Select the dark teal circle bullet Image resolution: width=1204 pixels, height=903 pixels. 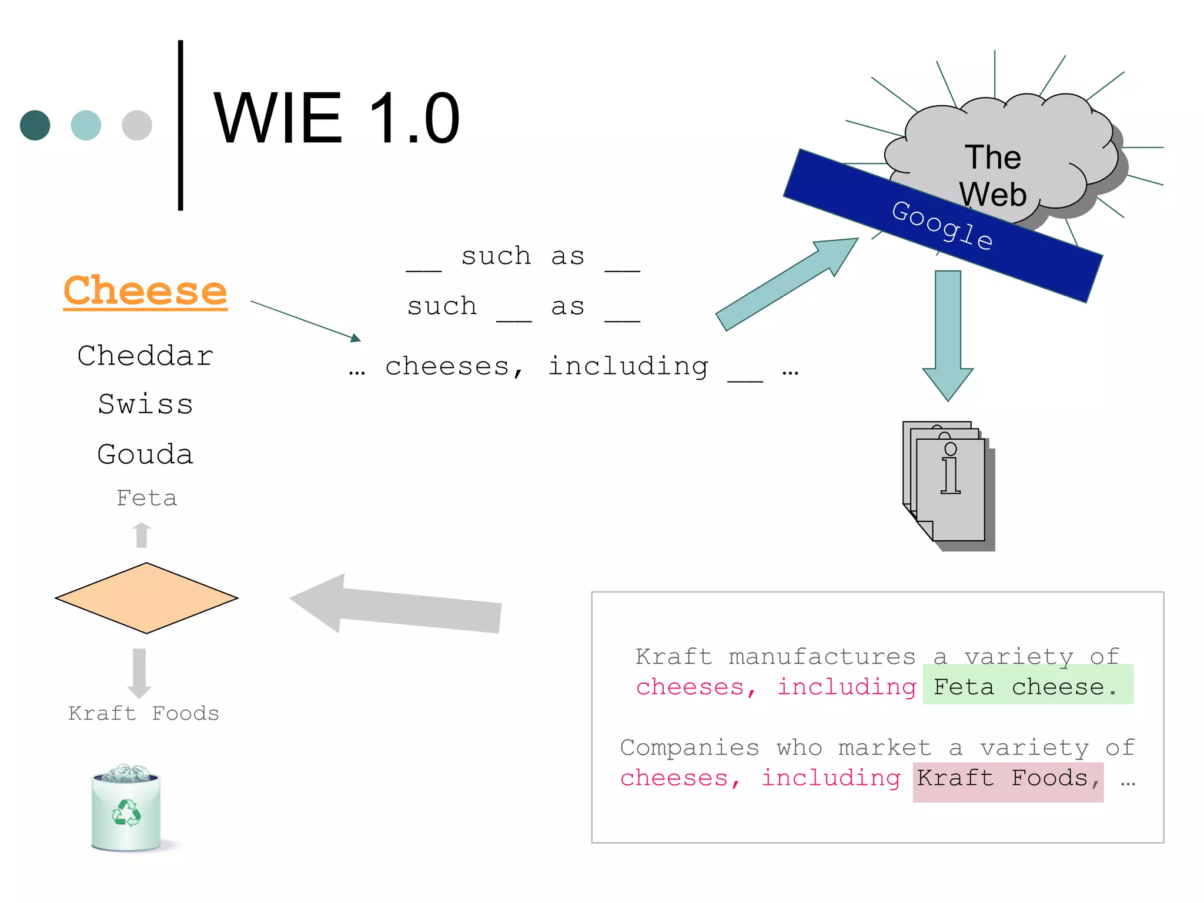point(35,125)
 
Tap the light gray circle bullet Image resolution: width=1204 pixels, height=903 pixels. point(137,125)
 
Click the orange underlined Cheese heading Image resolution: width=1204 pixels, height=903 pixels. point(145,290)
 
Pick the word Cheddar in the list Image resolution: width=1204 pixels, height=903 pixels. point(145,356)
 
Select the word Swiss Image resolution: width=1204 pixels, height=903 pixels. point(145,404)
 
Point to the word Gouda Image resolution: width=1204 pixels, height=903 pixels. point(145,454)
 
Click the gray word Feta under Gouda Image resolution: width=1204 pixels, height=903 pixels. point(146,498)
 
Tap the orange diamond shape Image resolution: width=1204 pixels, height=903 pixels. point(146,598)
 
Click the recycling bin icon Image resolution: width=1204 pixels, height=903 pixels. point(126,808)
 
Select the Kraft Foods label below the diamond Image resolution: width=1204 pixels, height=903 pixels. point(143,713)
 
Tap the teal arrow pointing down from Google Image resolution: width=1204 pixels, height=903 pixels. point(948,335)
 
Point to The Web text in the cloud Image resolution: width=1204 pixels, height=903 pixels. point(993,175)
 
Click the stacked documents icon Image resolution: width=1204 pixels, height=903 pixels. point(948,485)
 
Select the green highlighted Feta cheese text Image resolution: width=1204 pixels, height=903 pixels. point(1027,685)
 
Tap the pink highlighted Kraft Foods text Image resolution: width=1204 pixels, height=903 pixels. point(1008,779)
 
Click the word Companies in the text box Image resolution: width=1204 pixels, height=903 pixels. point(689,748)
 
